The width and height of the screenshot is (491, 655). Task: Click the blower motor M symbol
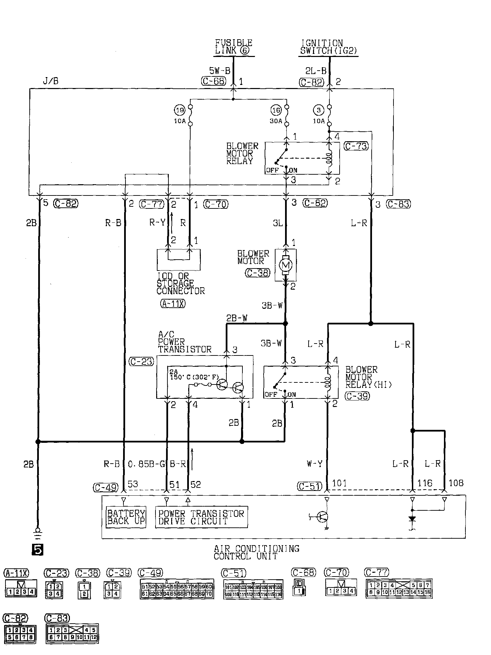[x=285, y=265]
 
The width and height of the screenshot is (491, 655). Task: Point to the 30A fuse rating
[x=276, y=121]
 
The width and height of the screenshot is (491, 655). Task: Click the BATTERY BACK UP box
[x=126, y=517]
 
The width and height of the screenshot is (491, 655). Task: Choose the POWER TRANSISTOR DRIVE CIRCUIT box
[x=201, y=517]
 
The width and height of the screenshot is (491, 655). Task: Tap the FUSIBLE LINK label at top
[x=234, y=47]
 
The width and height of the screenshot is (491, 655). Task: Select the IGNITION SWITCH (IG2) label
[x=329, y=47]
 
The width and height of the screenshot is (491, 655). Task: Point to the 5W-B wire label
[x=220, y=71]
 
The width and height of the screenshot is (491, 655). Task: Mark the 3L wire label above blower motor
[x=278, y=223]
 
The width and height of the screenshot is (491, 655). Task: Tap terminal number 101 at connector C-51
[x=339, y=483]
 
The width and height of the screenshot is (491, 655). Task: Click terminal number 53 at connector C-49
[x=133, y=484]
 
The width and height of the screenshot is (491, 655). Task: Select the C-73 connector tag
[x=356, y=146]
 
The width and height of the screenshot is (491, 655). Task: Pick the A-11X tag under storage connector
[x=173, y=304]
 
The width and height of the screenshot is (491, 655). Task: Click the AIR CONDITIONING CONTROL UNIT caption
[x=256, y=552]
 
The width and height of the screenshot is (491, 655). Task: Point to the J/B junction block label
[x=50, y=81]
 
